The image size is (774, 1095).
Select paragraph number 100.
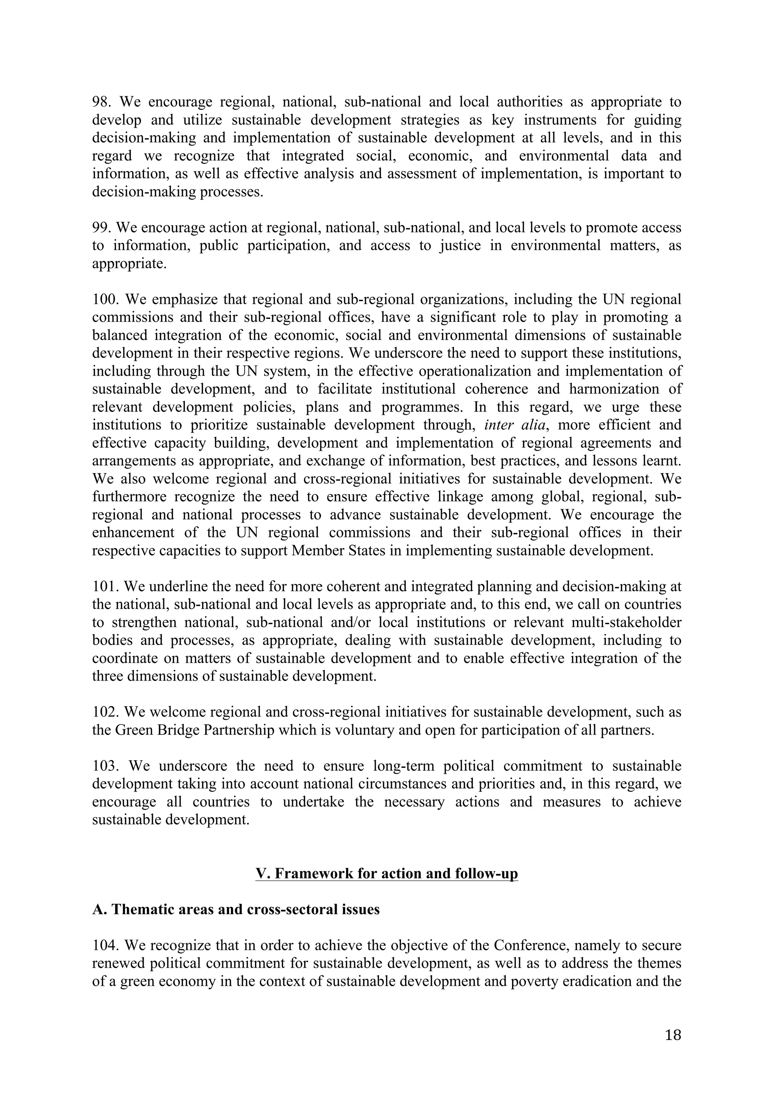click(x=105, y=300)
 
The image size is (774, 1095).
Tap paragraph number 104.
click(x=105, y=945)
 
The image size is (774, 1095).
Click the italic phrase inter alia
click(x=514, y=425)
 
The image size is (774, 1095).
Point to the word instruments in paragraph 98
click(x=560, y=120)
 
